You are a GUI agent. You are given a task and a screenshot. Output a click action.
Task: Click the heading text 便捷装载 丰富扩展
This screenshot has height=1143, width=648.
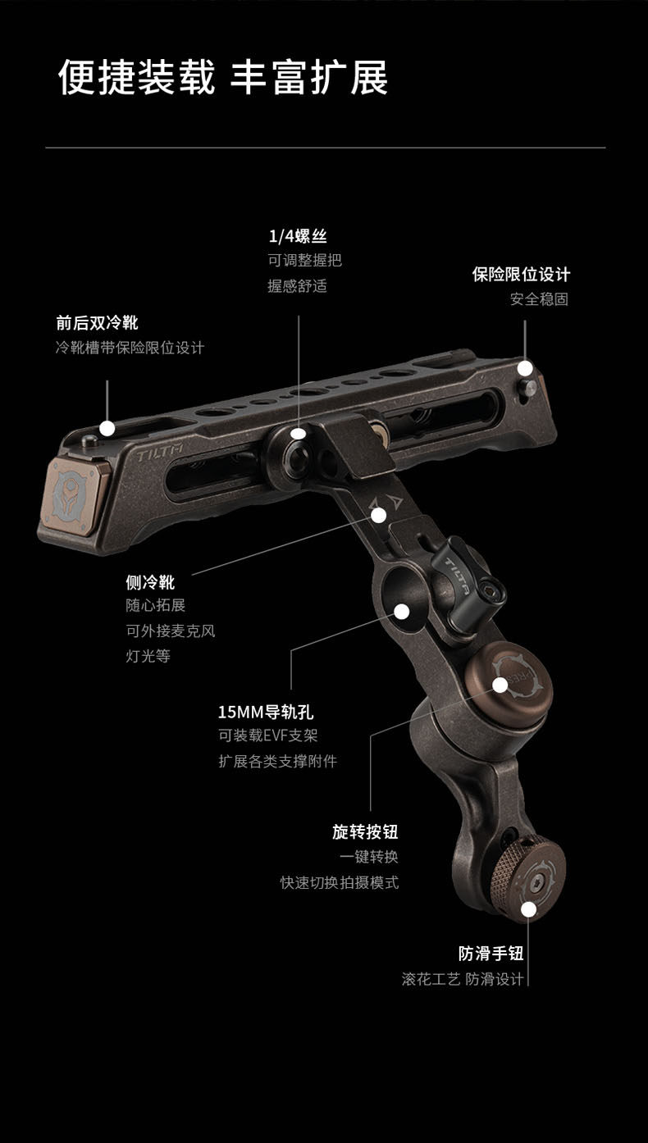point(222,78)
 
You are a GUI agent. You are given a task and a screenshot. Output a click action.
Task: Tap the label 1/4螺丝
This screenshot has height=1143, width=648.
point(298,236)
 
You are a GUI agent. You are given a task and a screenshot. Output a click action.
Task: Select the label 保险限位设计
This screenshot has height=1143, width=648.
point(521,274)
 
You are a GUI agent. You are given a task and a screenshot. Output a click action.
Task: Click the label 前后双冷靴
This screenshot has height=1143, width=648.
point(97,322)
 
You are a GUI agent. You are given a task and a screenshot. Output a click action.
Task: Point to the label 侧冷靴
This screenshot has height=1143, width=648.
point(150,582)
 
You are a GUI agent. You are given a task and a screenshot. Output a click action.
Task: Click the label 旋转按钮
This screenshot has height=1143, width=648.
point(365,831)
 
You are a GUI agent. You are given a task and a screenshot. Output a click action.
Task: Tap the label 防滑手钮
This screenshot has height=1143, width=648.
point(491,953)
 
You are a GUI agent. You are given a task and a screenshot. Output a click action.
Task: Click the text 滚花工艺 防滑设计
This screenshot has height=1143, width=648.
point(463,979)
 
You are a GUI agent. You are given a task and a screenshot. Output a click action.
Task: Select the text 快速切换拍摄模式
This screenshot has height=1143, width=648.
point(340,883)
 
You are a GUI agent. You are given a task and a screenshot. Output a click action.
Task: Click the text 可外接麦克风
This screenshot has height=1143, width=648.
point(170,631)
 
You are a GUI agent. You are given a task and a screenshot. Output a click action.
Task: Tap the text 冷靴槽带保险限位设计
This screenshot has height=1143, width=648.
point(130,348)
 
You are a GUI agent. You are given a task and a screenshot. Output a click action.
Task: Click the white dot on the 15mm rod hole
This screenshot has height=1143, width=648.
point(402,611)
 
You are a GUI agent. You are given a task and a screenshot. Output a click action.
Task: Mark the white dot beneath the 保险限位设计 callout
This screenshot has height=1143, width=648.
point(525,368)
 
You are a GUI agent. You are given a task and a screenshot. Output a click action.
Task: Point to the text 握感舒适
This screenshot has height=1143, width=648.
point(297,286)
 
